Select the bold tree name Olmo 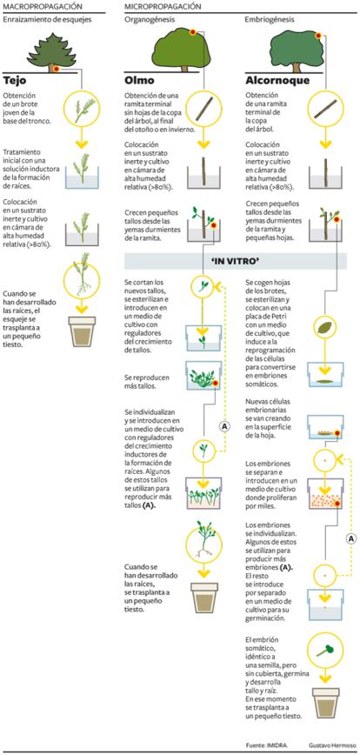140,79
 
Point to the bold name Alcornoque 277,80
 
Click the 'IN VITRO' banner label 236,260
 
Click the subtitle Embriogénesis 270,20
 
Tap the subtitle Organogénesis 150,20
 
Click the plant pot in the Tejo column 83,331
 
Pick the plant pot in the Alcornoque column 325,704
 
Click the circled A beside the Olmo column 223,425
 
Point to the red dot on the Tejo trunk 57,70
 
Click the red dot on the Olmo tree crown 192,32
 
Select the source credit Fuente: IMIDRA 263,745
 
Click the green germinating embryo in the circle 325,651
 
